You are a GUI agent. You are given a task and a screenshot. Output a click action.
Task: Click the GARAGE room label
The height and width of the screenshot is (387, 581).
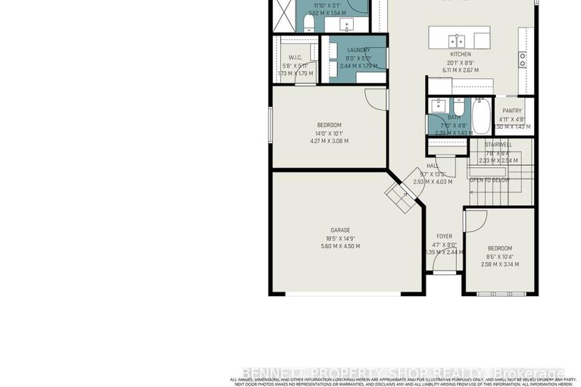point(339,229)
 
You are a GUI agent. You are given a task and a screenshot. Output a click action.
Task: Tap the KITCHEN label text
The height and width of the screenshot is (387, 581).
point(461,55)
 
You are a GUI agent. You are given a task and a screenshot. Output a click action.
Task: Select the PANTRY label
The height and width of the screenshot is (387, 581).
point(511,111)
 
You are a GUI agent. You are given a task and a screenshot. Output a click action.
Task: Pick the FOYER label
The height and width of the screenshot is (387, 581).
point(444,236)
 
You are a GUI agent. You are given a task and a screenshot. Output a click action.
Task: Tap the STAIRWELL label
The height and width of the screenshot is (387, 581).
point(498,144)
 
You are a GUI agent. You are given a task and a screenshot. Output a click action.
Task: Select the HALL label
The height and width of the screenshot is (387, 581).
point(433,165)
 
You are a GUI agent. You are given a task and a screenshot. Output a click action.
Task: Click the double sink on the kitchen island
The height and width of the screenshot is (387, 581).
point(456,40)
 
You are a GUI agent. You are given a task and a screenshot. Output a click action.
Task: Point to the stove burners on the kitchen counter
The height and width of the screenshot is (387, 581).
point(523,57)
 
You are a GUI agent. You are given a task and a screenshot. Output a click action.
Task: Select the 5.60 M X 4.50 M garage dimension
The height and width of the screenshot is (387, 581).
point(340,246)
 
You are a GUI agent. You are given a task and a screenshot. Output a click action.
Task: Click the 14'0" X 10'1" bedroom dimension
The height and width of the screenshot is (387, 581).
point(329,133)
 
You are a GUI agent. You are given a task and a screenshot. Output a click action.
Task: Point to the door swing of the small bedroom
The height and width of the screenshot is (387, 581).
point(474,221)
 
